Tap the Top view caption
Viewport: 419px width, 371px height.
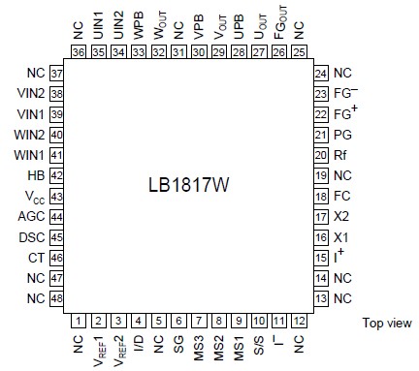point(387,323)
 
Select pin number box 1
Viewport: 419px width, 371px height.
point(79,320)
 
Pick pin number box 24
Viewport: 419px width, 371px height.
point(321,73)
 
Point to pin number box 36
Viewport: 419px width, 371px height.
point(79,51)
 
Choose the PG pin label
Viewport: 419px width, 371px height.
point(341,134)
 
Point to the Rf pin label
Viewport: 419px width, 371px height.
point(340,154)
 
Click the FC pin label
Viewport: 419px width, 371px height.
point(341,195)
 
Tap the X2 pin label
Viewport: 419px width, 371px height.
point(340,215)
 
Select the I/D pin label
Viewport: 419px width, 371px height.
point(139,346)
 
